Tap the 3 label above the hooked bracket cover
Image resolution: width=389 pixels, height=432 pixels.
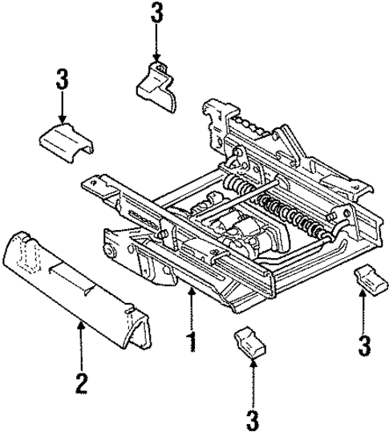click(156, 14)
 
